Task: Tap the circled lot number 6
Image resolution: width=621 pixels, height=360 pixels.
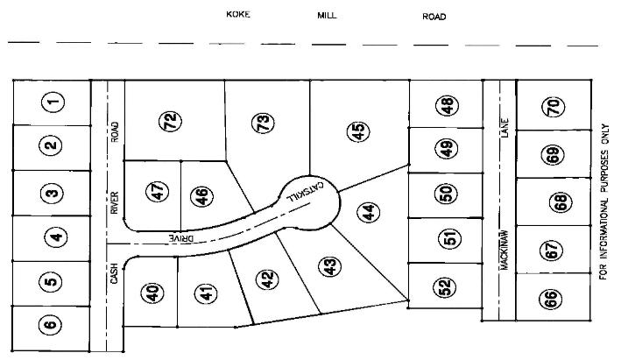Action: [50, 325]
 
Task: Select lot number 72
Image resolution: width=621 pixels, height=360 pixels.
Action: [172, 122]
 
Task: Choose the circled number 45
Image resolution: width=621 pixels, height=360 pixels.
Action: [357, 131]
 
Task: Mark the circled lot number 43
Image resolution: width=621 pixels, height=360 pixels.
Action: [328, 265]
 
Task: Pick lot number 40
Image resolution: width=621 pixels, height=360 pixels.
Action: [154, 293]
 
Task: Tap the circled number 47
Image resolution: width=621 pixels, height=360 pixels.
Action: [159, 191]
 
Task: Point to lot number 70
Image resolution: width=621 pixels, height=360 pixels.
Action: [553, 107]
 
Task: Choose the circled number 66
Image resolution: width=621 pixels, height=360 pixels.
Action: [552, 299]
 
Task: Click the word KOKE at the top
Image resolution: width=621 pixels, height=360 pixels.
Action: [238, 15]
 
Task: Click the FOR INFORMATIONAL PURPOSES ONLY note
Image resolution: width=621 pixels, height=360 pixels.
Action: [603, 201]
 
